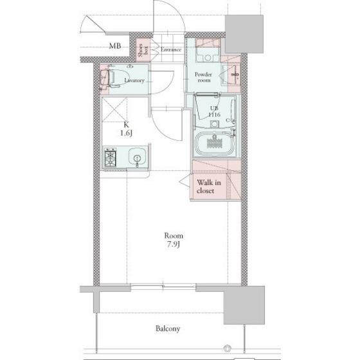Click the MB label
(115, 46)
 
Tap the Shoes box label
(143, 50)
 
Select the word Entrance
(171, 50)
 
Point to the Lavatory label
(134, 80)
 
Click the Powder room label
(203, 77)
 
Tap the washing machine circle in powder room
(208, 58)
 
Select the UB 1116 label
(215, 111)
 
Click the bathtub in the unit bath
(215, 143)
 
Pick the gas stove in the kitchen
(111, 157)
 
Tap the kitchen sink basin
(138, 157)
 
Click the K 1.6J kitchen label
(126, 129)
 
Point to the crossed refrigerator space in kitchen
(114, 109)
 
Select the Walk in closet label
(209, 186)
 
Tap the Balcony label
(168, 328)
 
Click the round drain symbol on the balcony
(227, 348)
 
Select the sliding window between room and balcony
(163, 286)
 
